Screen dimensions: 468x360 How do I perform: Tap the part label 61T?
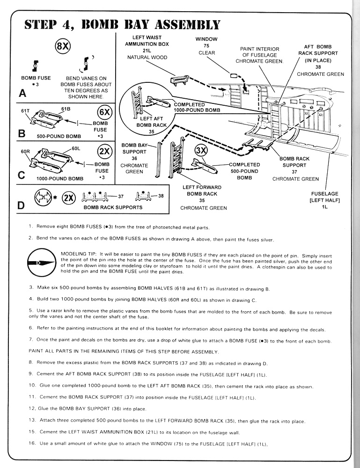(25, 110)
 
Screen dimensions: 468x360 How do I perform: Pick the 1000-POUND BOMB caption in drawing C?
(60, 178)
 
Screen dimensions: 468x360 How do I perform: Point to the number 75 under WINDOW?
(206, 46)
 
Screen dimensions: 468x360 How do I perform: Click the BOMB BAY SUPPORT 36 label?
(134, 158)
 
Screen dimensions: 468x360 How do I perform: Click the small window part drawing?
(234, 75)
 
